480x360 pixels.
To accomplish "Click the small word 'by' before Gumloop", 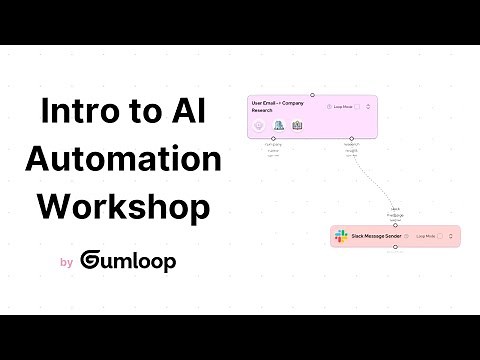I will pos(66,263).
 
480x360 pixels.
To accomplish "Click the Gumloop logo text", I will pos(130,261).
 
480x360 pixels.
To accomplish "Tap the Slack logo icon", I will pos(343,237).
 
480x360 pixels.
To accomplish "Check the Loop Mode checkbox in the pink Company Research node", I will pos(356,106).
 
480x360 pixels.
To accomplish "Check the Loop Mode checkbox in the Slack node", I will pos(441,237).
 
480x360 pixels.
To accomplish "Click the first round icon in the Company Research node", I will pos(259,126).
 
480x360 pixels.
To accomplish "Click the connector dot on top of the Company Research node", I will pos(311,94).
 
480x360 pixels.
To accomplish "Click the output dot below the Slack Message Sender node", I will pos(396,247).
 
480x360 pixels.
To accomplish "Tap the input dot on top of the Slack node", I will pos(396,226).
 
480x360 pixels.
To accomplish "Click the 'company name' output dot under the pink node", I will pos(273,139).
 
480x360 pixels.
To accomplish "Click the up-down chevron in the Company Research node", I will pos(368,106).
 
